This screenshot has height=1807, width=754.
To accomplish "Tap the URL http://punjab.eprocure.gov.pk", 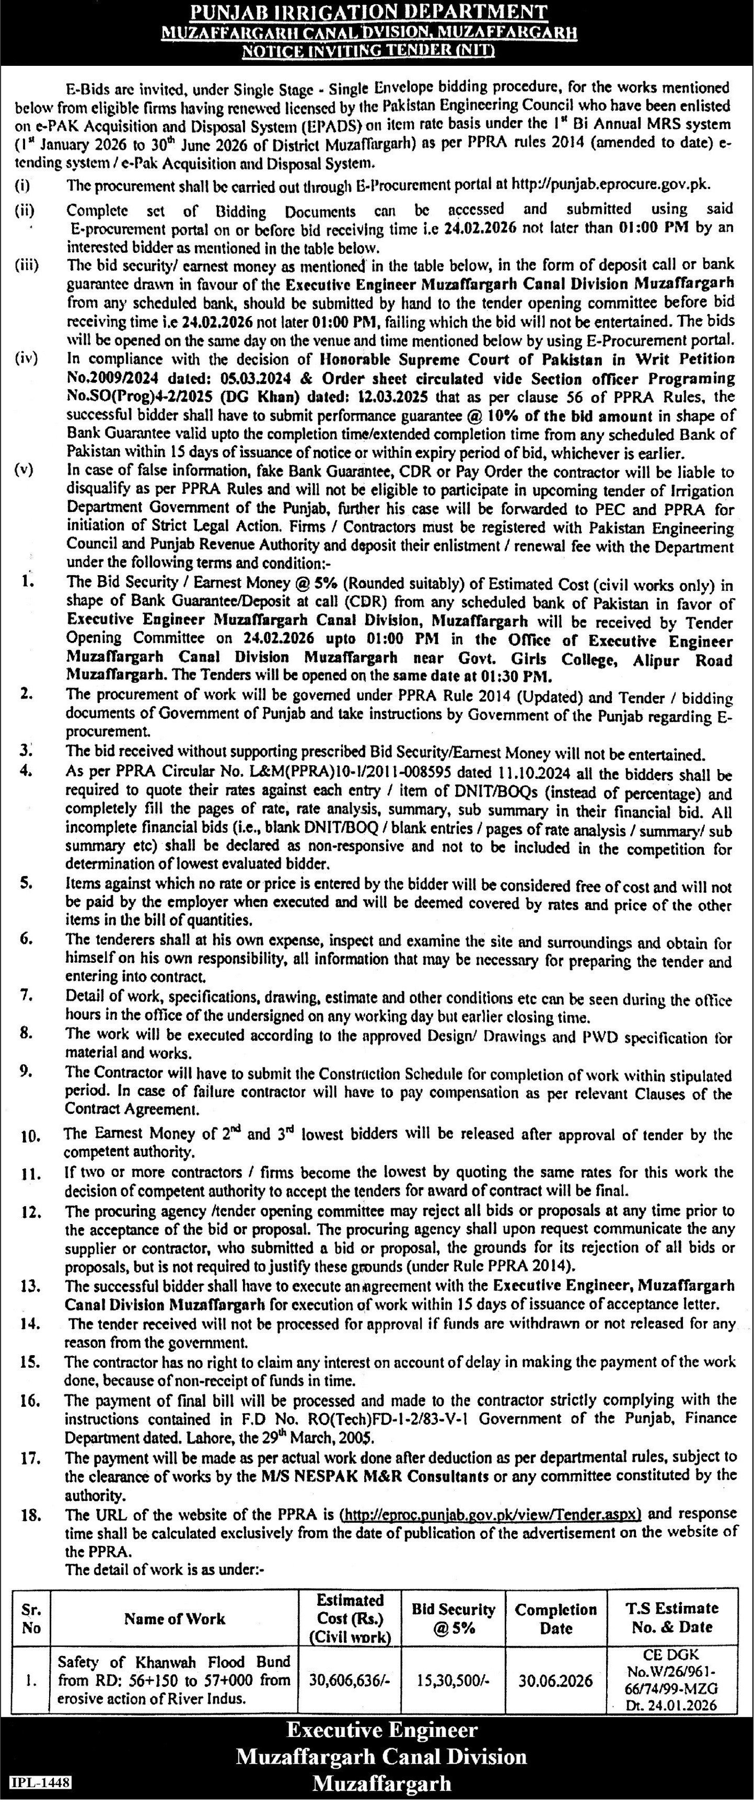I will [x=611, y=185].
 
